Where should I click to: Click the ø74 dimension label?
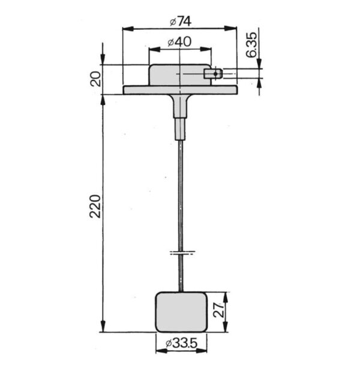(x=180, y=22)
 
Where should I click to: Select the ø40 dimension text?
(x=180, y=42)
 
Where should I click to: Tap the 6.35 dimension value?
(x=251, y=45)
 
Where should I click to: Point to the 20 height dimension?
(x=96, y=79)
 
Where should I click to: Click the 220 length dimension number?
(x=95, y=206)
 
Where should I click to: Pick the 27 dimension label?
(x=218, y=310)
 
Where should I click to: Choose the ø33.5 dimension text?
(x=181, y=343)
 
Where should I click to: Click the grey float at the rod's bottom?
(x=181, y=312)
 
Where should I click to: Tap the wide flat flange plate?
(x=180, y=90)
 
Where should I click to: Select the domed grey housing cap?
(x=180, y=75)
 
